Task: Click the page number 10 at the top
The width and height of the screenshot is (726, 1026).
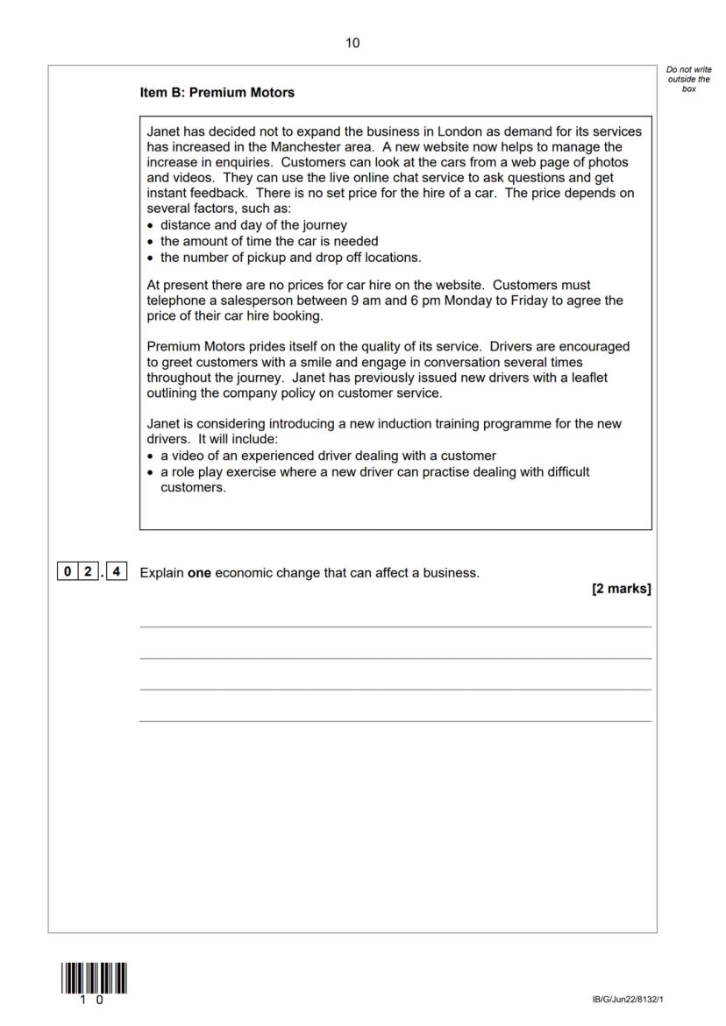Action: coord(352,43)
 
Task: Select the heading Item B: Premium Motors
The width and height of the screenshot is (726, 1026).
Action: coord(217,92)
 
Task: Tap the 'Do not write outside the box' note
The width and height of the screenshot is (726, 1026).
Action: coord(689,79)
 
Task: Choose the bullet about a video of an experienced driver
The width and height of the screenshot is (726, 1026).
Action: coord(328,456)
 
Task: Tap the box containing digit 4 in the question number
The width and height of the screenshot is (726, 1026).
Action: coord(118,573)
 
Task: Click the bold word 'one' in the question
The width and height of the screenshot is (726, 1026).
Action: coord(201,573)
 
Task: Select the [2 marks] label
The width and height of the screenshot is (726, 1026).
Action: coord(621,589)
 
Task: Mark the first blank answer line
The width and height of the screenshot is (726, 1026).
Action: coord(395,626)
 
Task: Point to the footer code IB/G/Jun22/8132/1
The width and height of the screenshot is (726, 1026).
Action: coord(634,999)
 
